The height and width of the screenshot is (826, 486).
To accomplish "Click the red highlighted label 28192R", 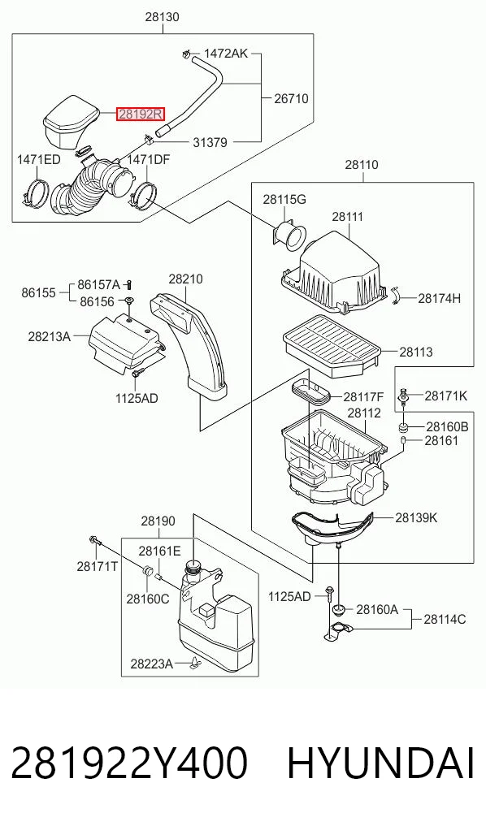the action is coord(141,113).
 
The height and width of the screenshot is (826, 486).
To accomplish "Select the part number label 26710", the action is coord(292,98).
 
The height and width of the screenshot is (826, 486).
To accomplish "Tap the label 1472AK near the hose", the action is coord(226,54).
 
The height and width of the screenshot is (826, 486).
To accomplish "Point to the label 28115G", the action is coord(284,200).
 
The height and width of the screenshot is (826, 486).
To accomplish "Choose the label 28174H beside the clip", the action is coord(440,299).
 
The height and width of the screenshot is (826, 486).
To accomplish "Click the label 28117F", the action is coord(364,396).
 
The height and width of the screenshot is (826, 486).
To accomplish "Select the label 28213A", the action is coord(49,335).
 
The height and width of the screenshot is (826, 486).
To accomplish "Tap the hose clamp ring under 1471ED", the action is coord(36,193).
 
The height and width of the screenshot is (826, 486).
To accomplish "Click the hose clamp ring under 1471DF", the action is coord(143,194).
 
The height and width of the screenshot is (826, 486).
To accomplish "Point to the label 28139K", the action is coord(416,518).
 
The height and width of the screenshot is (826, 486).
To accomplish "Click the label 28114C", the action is coord(445,620).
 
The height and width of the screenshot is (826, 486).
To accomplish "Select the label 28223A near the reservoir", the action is coord(151,664).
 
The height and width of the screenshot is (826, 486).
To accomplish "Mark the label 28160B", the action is coord(447,426).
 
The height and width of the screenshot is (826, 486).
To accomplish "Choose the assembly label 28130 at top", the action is coord(163,17).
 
